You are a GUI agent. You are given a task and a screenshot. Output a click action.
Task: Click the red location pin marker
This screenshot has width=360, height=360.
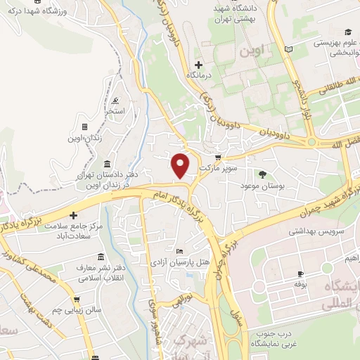(x=181, y=165)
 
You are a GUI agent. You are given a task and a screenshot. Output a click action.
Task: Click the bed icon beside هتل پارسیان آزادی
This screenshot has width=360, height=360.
(x=180, y=252)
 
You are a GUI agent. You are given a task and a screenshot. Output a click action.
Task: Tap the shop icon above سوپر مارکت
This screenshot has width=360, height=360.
(x=218, y=157)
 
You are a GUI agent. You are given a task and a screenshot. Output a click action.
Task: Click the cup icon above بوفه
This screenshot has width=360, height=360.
(x=301, y=274)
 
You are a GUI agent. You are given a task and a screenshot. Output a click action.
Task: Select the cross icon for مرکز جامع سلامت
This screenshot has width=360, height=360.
(x=72, y=215)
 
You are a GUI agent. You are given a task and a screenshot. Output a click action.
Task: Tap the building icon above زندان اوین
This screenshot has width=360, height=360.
(x=84, y=127)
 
